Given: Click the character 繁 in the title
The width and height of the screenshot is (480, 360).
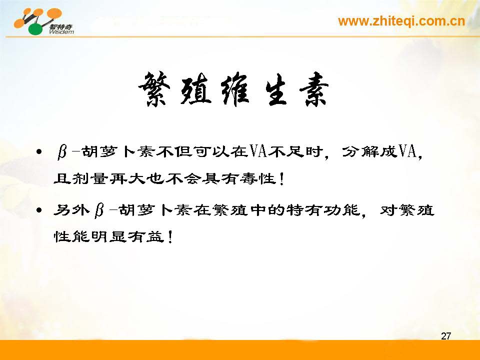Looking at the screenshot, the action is pos(154,89).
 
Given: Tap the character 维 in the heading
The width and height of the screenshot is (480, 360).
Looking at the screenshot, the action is pos(235,89).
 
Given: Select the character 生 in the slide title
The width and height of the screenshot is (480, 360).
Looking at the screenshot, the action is pos(275,89).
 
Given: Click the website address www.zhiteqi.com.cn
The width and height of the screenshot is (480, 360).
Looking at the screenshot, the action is pos(401,21).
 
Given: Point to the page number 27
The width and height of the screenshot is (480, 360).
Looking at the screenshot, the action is pos(446,336).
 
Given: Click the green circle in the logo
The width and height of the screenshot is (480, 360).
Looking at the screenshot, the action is pos(36,29).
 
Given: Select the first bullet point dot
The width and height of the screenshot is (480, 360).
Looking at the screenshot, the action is pos(38,152).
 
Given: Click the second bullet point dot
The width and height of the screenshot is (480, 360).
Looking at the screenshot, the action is pos(38,210).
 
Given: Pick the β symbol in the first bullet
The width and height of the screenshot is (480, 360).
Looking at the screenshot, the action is pos(62,152).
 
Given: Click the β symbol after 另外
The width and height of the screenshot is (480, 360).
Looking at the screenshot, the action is pos(99,210).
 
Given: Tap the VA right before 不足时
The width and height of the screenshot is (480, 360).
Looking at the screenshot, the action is pos(258,151).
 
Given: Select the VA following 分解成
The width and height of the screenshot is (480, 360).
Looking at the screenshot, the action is pos(407,151).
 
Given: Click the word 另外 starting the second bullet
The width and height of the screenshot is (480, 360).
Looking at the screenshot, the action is pos(71,210).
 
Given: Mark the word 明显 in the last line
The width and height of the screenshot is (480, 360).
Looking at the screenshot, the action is pos(108,236).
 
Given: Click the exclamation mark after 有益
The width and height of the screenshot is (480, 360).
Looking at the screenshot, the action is pos(170,236).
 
